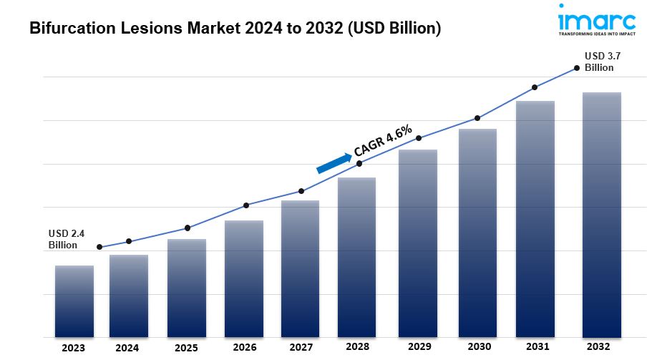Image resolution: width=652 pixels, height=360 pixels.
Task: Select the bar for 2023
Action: click(x=74, y=301)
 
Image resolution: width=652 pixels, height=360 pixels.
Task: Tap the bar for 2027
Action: click(x=301, y=268)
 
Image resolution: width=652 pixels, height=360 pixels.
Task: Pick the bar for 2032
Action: click(x=602, y=215)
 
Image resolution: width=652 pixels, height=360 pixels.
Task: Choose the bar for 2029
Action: click(x=418, y=243)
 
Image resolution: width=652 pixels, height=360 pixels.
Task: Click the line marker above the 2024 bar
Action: click(x=129, y=241)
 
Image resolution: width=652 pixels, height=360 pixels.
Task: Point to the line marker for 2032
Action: click(x=577, y=68)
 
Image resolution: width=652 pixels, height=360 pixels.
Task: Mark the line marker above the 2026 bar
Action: click(x=246, y=205)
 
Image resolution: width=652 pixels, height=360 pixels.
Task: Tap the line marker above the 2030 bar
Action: click(x=477, y=118)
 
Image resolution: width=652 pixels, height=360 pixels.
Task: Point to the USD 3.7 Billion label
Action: click(x=600, y=62)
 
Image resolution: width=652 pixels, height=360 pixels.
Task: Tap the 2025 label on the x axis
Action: click(x=187, y=348)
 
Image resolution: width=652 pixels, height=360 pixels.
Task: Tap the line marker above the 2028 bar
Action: click(x=359, y=163)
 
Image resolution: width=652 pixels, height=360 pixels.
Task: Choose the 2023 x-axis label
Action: click(x=73, y=348)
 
